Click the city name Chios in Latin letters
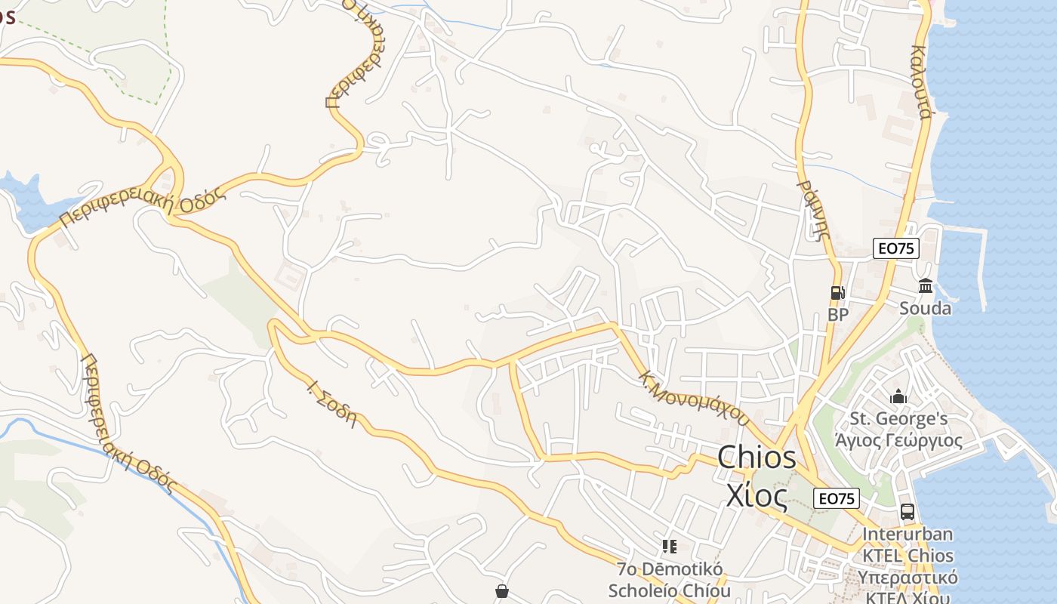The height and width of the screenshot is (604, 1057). pyautogui.click(x=757, y=458)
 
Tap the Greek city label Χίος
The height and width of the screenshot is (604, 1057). pyautogui.click(x=757, y=495)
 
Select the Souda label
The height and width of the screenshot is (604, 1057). pyautogui.click(x=925, y=308)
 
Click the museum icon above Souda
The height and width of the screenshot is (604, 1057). pyautogui.click(x=926, y=286)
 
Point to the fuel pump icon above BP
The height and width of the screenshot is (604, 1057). pyautogui.click(x=837, y=293)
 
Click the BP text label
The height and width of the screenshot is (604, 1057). pyautogui.click(x=838, y=315)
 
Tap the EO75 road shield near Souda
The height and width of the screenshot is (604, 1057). pyautogui.click(x=896, y=248)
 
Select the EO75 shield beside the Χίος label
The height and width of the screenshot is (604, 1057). pyautogui.click(x=837, y=498)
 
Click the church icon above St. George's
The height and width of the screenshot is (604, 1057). pyautogui.click(x=898, y=396)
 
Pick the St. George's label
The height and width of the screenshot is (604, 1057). pyautogui.click(x=898, y=419)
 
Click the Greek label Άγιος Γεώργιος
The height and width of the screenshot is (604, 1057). pyautogui.click(x=898, y=440)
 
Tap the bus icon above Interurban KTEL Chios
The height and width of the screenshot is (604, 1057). pyautogui.click(x=908, y=512)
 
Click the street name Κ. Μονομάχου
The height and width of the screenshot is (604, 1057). pyautogui.click(x=694, y=398)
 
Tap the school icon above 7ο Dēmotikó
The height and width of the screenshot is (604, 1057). pyautogui.click(x=669, y=546)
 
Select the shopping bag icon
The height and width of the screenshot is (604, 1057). pyautogui.click(x=502, y=591)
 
